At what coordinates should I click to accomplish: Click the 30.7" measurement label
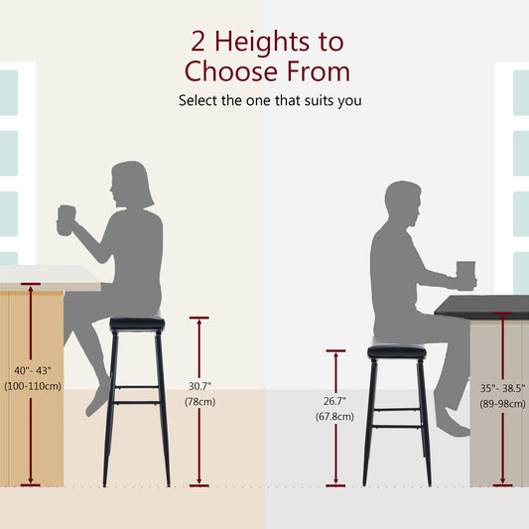(x=199, y=385)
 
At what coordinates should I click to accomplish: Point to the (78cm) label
(x=199, y=401)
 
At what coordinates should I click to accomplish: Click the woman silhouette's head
(x=131, y=184)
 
